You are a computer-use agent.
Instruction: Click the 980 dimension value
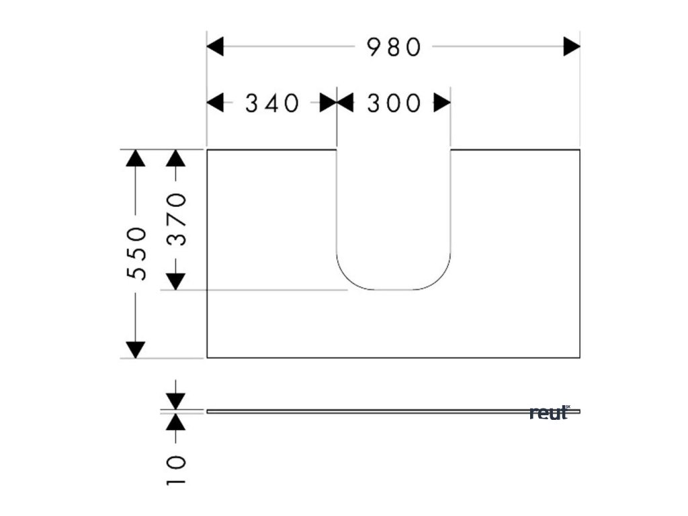pyautogui.click(x=394, y=47)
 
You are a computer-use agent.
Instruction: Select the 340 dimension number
pyautogui.click(x=271, y=103)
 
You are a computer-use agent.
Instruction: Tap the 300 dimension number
pyautogui.click(x=394, y=103)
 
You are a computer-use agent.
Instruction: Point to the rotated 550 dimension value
pyautogui.click(x=137, y=253)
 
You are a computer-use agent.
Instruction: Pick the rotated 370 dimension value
pyautogui.click(x=176, y=219)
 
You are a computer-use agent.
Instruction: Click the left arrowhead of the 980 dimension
pyautogui.click(x=215, y=47)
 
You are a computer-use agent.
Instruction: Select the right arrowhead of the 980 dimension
pyautogui.click(x=572, y=47)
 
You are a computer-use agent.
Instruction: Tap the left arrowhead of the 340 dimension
pyautogui.click(x=215, y=103)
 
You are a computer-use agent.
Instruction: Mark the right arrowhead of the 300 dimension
pyautogui.click(x=442, y=103)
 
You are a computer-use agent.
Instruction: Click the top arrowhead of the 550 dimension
pyautogui.click(x=136, y=158)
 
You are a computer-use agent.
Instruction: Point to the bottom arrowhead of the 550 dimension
pyautogui.click(x=136, y=349)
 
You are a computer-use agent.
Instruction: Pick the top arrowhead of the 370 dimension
pyautogui.click(x=176, y=158)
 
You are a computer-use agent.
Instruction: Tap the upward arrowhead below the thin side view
pyautogui.click(x=176, y=422)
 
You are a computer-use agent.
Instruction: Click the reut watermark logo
pyautogui.click(x=550, y=413)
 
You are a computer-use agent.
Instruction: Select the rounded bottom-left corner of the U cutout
pyautogui.click(x=347, y=279)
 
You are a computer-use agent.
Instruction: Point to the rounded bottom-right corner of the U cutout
pyautogui.click(x=440, y=279)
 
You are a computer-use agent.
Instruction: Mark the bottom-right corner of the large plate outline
pyautogui.click(x=579, y=357)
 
